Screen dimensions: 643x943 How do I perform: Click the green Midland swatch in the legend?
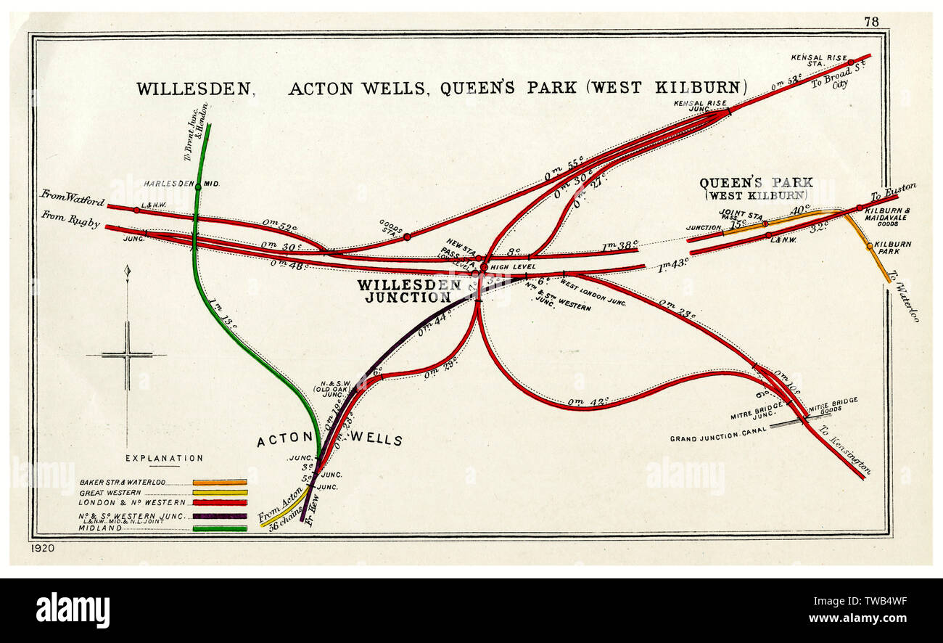pyautogui.click(x=220, y=528)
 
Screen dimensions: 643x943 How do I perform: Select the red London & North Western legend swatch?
pyautogui.click(x=220, y=502)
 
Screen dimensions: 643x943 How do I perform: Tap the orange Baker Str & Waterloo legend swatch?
pyautogui.click(x=220, y=482)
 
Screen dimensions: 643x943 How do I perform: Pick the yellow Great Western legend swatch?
pyautogui.click(x=220, y=492)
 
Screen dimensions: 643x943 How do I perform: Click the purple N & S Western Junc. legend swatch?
pyautogui.click(x=220, y=516)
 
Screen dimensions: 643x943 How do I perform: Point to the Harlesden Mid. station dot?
pyautogui.click(x=197, y=187)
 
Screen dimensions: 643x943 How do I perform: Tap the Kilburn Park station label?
pyautogui.click(x=893, y=247)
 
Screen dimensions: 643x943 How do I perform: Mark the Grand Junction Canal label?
pyautogui.click(x=717, y=438)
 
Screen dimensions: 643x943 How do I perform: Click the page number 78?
pyautogui.click(x=871, y=22)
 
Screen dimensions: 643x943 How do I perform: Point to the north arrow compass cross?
pyautogui.click(x=127, y=355)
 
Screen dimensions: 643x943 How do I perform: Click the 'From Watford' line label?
pyautogui.click(x=73, y=198)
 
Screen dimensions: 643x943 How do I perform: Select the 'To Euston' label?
pyautogui.click(x=893, y=192)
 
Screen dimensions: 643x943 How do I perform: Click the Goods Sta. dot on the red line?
pyautogui.click(x=407, y=237)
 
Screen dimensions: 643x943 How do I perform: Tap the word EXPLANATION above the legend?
pyautogui.click(x=164, y=458)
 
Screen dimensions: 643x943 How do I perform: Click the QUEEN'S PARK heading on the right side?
pyautogui.click(x=756, y=183)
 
